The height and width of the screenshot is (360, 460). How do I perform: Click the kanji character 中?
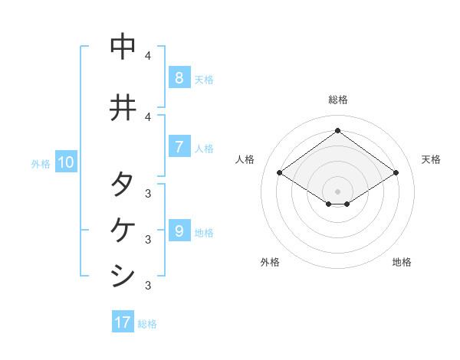pos(123,47)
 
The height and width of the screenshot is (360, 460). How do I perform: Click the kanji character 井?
pos(123,107)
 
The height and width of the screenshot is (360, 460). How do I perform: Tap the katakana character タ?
pos(123,185)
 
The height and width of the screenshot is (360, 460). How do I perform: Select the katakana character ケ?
pos(123,229)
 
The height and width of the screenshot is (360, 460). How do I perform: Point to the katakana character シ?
pos(123,274)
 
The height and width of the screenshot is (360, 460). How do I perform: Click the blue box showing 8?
pos(179,78)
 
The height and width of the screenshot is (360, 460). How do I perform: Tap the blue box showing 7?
pos(179,147)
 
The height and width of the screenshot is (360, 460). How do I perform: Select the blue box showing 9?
pos(179,231)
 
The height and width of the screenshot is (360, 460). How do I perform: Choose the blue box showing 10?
pos(65,162)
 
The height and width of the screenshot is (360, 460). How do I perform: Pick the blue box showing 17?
pos(123,322)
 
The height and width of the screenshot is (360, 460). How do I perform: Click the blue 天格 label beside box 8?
pos(204,79)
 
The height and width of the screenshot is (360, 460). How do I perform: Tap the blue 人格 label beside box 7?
pos(204,148)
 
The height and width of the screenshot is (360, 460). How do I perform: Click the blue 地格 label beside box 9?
pos(204,232)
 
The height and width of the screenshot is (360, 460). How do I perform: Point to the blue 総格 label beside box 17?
pos(147,323)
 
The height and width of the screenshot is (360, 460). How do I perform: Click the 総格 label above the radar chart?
pos(337,100)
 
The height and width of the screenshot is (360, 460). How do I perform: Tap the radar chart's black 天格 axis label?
pos(431,159)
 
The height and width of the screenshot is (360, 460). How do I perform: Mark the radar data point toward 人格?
pos(280,173)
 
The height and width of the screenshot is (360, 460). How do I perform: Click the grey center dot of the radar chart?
pos(337,191)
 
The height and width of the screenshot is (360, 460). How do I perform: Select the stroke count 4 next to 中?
pos(148,56)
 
